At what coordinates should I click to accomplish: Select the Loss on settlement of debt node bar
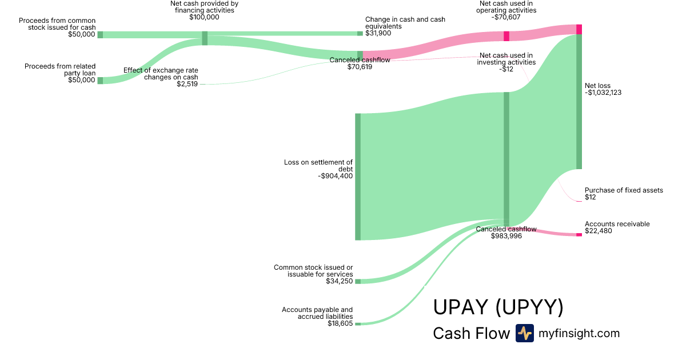358,177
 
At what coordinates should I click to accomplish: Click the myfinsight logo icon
524,333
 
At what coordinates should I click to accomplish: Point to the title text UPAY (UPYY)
498,307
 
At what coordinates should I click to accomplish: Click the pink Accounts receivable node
579,234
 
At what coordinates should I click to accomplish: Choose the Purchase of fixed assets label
624,190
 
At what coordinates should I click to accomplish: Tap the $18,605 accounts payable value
340,323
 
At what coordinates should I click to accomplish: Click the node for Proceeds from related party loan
100,81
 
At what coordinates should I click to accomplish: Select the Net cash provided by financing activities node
205,38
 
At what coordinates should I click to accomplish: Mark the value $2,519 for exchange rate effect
188,84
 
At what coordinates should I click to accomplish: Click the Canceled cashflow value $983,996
506,235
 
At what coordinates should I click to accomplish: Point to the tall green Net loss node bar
579,102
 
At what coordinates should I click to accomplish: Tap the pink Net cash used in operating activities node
506,36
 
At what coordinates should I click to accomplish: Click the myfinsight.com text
579,333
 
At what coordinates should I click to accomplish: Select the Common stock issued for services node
358,281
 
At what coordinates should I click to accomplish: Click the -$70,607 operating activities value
506,17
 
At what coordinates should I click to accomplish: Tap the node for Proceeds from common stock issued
100,34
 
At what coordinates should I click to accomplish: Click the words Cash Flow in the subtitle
471,333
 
